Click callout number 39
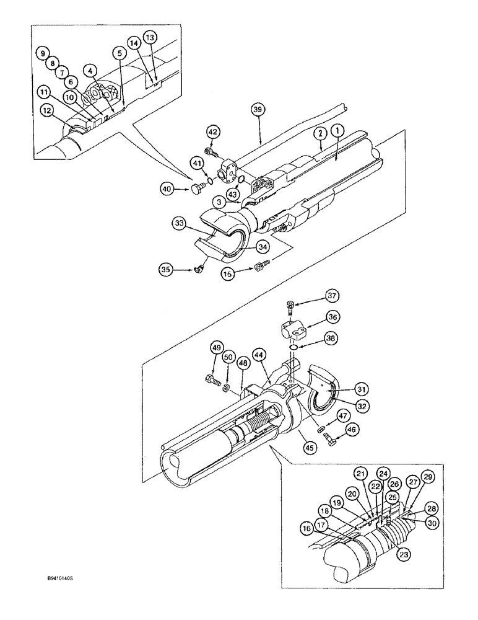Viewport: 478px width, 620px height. (x=259, y=108)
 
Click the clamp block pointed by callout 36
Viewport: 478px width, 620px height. (x=296, y=329)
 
